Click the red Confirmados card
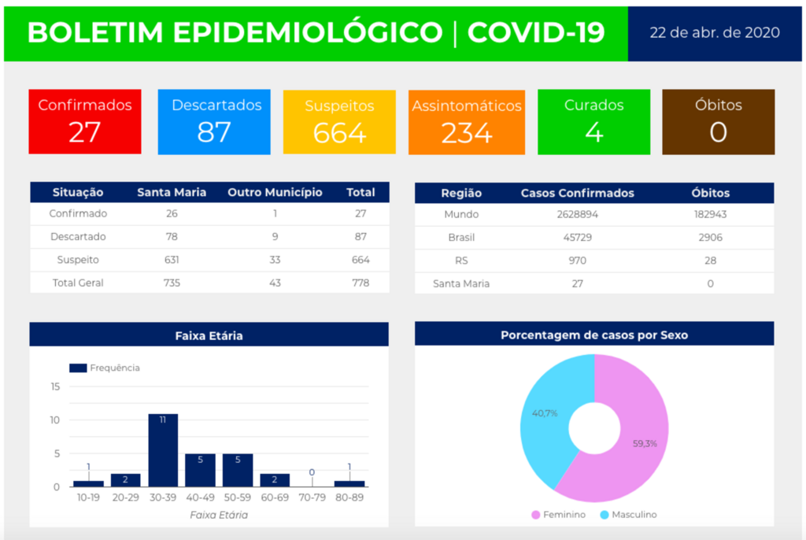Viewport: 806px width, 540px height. [x=85, y=121]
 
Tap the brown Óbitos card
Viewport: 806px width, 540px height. [x=718, y=121]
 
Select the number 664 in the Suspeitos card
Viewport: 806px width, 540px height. [x=339, y=133]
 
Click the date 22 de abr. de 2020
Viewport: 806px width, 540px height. [x=715, y=32]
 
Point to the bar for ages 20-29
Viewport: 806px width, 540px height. [x=125, y=480]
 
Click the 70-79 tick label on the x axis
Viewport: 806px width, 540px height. [x=312, y=497]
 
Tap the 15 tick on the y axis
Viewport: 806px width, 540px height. [x=54, y=387]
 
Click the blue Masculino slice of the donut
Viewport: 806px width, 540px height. [x=547, y=417]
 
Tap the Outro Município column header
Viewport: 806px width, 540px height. [x=275, y=192]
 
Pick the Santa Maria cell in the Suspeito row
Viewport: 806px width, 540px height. [x=172, y=260]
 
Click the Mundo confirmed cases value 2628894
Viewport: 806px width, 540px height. [x=577, y=214]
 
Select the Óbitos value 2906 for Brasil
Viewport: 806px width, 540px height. [x=710, y=237]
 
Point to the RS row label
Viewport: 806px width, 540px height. [x=461, y=260]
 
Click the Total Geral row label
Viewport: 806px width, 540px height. [x=78, y=283]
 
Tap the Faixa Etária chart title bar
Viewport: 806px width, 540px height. [x=209, y=335]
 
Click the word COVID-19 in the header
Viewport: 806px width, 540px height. [x=536, y=32]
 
